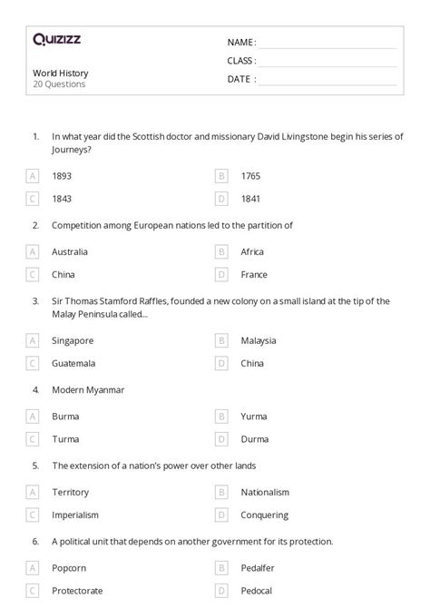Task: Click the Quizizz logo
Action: pos(56,39)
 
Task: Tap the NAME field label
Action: pos(240,42)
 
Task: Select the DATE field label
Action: pos(240,79)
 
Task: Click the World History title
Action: pos(61,73)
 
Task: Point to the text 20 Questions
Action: pos(59,84)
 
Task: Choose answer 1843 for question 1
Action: pos(63,198)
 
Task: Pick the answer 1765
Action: pos(251,175)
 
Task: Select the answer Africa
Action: pos(252,251)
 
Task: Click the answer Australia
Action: pos(70,251)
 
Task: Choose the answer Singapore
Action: pos(73,340)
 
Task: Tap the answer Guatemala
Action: pos(73,363)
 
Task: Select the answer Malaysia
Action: pos(259,340)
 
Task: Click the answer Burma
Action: pos(65,417)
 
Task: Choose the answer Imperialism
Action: pos(76,515)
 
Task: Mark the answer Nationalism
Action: pos(265,492)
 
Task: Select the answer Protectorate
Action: pos(77,591)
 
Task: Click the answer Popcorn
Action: pos(70,568)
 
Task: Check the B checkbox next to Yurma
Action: pos(220,417)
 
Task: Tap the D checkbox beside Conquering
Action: pos(220,515)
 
